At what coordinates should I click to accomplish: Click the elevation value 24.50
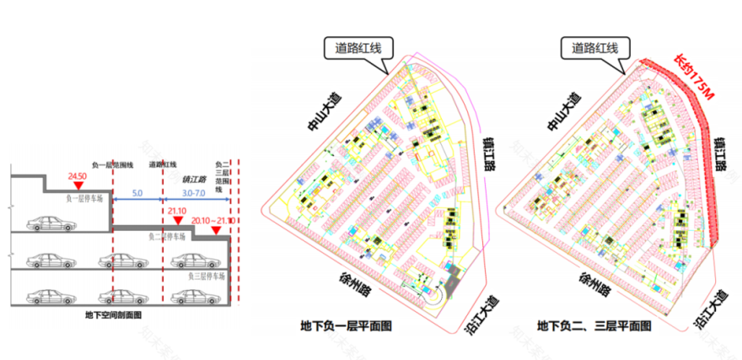[78, 177]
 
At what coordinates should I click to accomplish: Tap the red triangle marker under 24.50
[78, 186]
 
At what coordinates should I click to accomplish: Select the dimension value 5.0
[137, 194]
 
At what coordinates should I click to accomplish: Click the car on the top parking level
[47, 223]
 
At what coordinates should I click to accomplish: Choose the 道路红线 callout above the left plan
[358, 48]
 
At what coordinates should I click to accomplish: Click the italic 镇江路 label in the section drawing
[195, 180]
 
